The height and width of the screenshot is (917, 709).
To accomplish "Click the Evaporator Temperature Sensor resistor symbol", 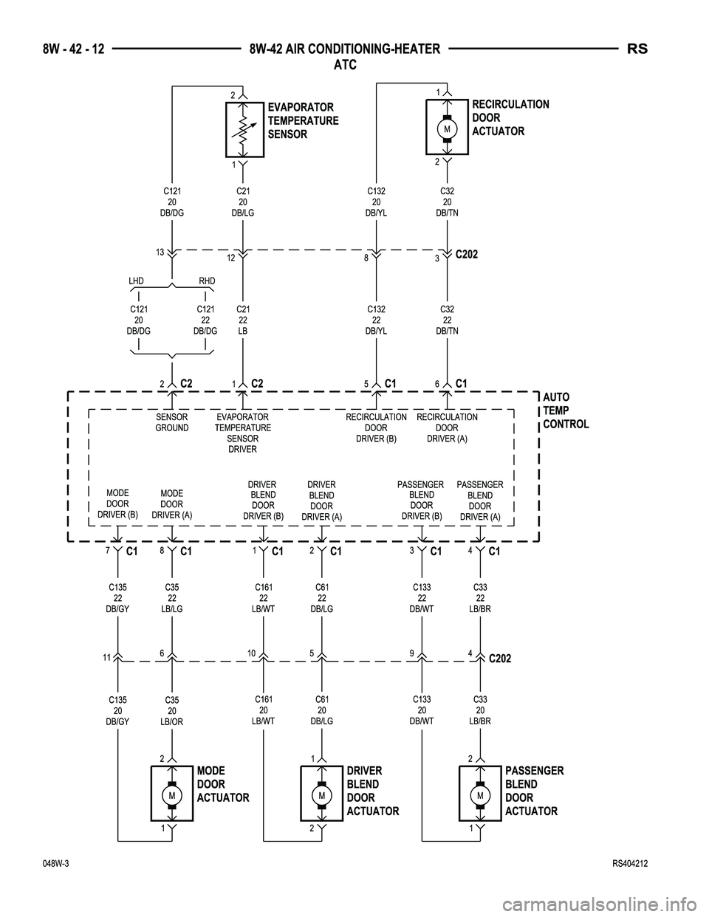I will [244, 130].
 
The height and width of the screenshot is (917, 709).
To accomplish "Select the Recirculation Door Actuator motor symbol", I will [448, 128].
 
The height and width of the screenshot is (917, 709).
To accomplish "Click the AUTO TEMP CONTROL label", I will [565, 411].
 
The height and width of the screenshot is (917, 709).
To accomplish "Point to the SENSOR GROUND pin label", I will [171, 422].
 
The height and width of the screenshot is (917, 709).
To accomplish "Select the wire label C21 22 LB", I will [243, 320].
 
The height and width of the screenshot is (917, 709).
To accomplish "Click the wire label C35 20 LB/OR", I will [172, 711].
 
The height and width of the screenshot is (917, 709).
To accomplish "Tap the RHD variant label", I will [206, 281].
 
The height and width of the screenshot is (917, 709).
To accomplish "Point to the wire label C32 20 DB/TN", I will [447, 202].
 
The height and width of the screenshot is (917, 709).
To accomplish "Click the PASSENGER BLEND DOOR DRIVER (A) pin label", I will [480, 501].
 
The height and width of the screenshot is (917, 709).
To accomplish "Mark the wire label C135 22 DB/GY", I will [117, 599].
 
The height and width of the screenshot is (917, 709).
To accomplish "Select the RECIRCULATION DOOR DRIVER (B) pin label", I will [376, 427].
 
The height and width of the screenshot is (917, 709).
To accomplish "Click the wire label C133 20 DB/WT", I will [422, 710].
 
